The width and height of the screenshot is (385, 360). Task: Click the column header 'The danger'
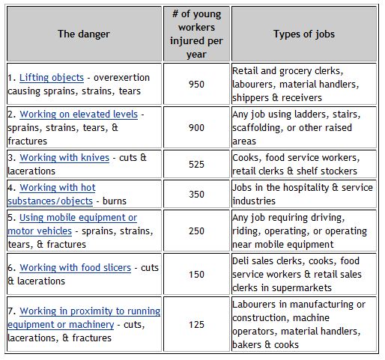[84, 34]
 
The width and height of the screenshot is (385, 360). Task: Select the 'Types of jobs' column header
[304, 34]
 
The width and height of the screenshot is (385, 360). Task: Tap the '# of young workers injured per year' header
[196, 34]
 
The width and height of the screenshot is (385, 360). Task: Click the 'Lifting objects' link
[52, 78]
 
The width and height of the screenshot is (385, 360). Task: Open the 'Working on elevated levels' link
[79, 115]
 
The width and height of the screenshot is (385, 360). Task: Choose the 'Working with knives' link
[64, 158]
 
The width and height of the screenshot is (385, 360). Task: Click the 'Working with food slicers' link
[75, 268]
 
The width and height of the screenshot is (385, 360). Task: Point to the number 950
[196, 85]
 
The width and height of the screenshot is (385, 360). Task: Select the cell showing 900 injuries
[196, 128]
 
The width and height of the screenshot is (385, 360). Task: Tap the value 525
[196, 165]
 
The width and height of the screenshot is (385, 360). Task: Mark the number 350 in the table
[196, 195]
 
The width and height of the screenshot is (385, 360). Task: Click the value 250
[196, 231]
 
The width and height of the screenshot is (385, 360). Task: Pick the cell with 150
[196, 275]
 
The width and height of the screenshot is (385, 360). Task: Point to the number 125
[196, 325]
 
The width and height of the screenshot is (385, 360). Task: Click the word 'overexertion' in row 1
[121, 78]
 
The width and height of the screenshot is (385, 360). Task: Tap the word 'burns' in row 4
[115, 201]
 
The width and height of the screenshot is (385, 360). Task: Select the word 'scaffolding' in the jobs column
[258, 128]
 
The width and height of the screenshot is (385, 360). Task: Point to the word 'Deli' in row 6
[240, 261]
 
